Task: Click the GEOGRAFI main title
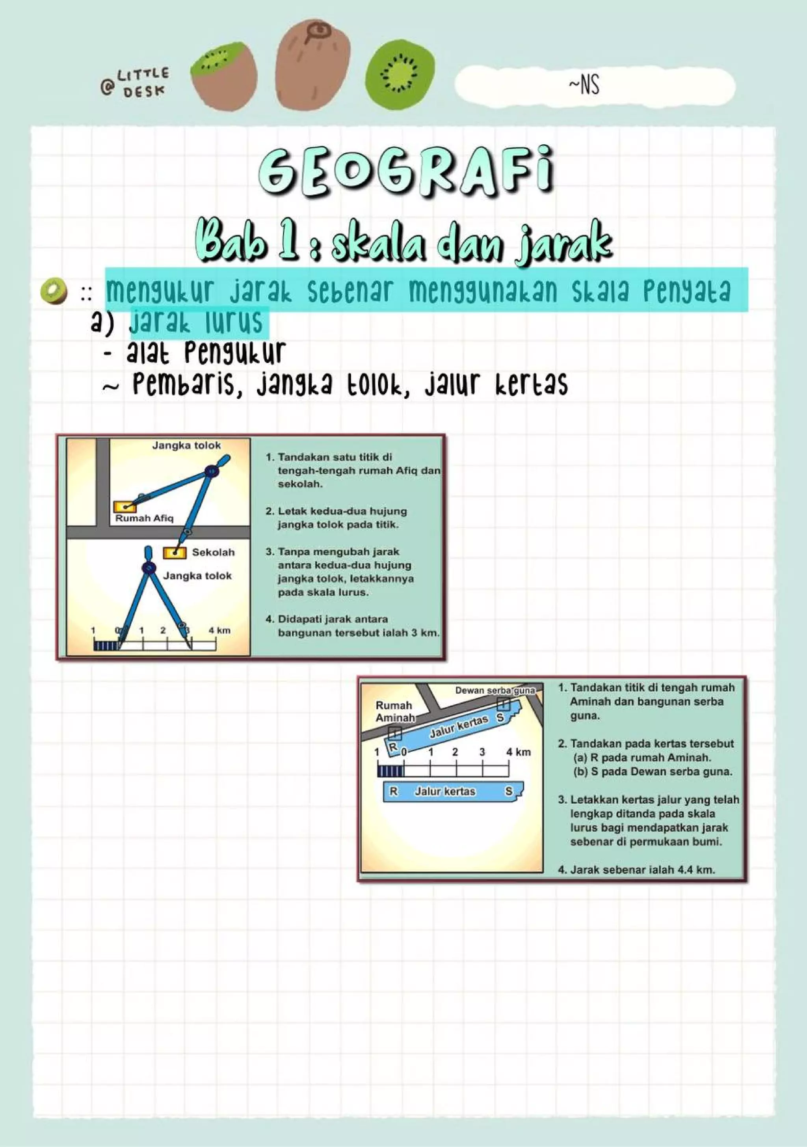tap(405, 172)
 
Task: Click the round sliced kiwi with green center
tap(400, 73)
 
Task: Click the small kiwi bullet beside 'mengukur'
tap(54, 291)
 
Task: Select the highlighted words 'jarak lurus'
tap(196, 322)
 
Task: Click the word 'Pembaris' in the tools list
tap(183, 385)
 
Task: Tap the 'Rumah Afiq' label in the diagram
tap(144, 518)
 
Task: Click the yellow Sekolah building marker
tap(175, 553)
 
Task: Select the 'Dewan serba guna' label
tap(495, 691)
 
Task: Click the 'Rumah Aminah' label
tap(394, 711)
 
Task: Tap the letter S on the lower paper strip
tap(508, 791)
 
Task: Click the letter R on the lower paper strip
tap(394, 791)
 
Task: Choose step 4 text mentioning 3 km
tap(352, 626)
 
